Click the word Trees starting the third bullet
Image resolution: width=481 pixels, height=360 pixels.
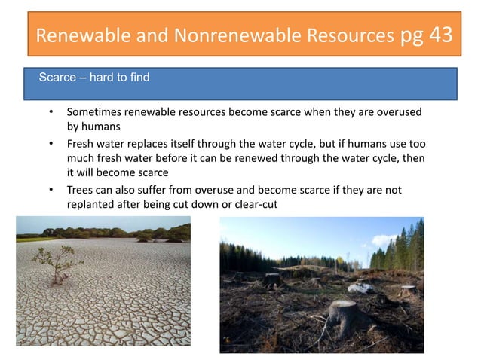tap(81, 190)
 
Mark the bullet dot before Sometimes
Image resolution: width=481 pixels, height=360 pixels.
tap(50, 112)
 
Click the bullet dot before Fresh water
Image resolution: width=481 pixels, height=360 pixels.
tap(50, 143)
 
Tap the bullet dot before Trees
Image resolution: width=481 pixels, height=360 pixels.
tap(50, 190)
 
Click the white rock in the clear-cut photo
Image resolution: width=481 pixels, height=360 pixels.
tap(361, 287)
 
